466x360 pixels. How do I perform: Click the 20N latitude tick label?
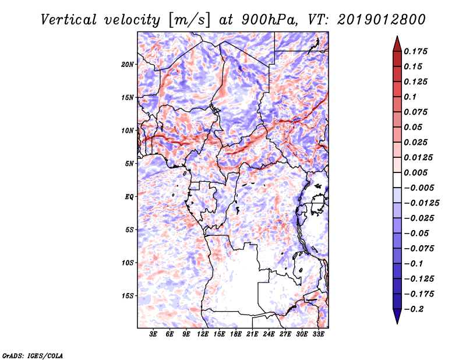128,64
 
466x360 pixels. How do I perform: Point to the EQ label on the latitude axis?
130,197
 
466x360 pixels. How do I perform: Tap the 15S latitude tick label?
128,296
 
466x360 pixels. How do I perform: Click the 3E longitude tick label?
154,334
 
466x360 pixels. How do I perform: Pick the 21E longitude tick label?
252,334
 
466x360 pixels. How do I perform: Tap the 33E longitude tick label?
318,334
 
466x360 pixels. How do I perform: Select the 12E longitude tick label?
203,334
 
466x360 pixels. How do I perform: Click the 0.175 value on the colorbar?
417,51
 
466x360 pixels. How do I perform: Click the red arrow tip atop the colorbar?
397,42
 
